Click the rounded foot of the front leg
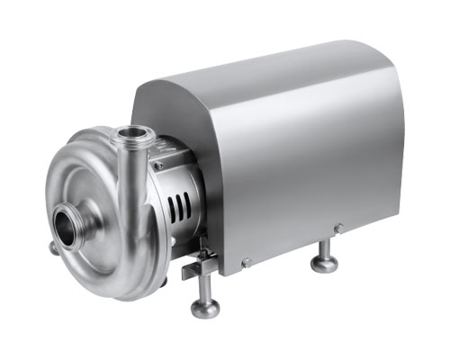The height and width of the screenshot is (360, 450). click(x=205, y=308)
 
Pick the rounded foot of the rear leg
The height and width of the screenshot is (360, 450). click(x=324, y=264)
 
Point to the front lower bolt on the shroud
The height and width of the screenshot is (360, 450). click(x=245, y=263)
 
